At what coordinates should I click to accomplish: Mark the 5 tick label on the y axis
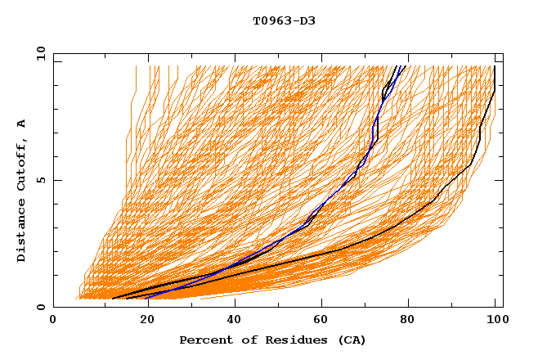tap(39, 180)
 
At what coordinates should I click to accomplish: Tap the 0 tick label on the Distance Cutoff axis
tap(39, 307)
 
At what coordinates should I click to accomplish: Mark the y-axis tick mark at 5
tap(56, 180)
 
